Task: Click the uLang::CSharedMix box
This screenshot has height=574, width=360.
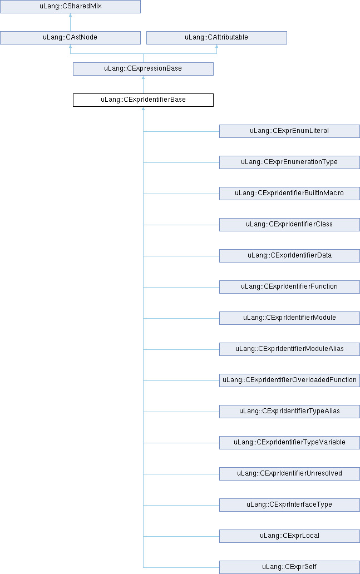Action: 70,7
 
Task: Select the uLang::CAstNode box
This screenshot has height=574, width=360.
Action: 70,38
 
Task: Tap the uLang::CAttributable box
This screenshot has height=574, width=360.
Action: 216,38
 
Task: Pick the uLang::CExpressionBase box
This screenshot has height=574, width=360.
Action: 143,69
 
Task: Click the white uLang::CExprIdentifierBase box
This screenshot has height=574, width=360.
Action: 143,100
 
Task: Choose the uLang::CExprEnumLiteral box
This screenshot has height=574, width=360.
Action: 289,131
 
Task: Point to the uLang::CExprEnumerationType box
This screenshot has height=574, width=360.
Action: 289,162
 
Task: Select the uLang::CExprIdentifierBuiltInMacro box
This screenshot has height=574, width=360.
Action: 289,194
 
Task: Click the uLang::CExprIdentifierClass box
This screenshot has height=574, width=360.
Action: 289,224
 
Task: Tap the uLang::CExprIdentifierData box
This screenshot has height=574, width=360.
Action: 289,255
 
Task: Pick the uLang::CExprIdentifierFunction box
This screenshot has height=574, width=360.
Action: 289,286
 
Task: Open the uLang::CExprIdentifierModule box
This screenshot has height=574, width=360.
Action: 289,318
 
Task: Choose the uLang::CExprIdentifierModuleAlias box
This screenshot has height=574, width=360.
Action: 289,349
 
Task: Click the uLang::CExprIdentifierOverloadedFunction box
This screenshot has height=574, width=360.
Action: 289,380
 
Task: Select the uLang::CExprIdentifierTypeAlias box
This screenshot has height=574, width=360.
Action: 289,411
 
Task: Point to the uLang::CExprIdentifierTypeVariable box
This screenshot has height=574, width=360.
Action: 289,442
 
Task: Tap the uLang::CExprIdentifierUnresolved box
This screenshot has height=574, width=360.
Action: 289,473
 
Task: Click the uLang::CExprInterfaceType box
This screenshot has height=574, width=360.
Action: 289,504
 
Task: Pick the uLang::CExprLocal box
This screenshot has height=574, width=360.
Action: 289,536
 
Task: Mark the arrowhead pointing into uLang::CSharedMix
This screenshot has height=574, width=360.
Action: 70,16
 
